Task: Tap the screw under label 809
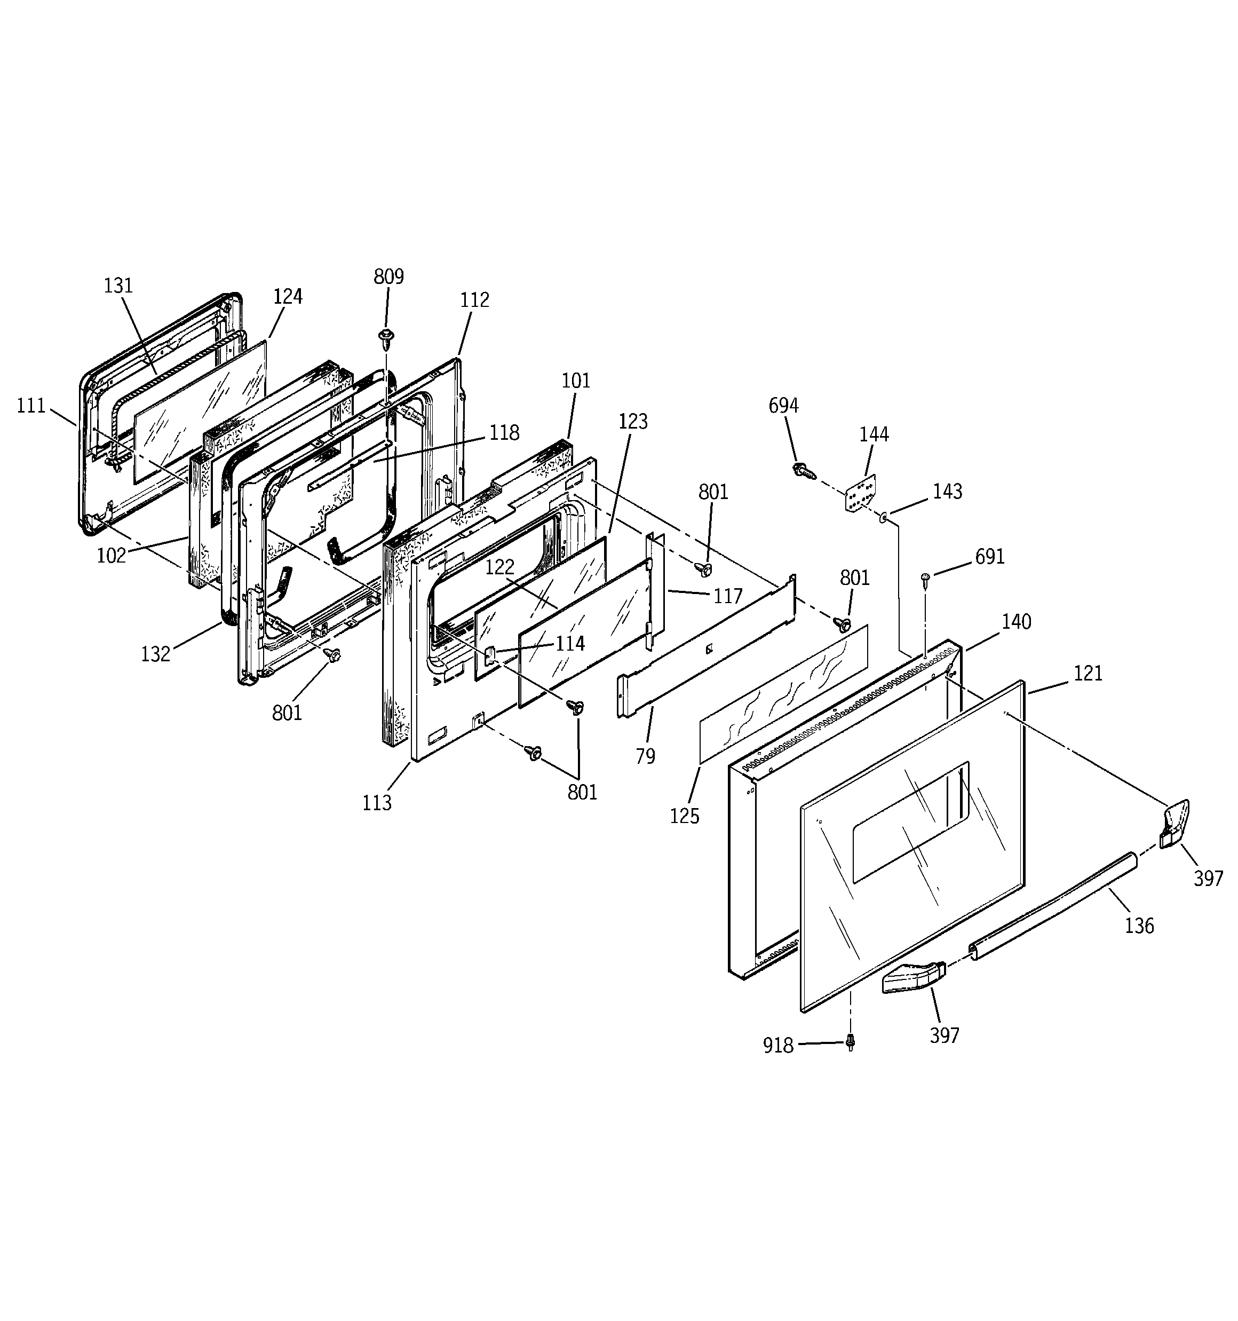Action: coord(385,337)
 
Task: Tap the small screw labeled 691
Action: coord(925,580)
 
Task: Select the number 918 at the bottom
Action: coord(778,1046)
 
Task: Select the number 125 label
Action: coord(685,816)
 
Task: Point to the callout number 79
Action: coord(645,756)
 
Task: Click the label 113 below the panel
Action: coord(377,803)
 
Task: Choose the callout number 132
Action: coord(155,654)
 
